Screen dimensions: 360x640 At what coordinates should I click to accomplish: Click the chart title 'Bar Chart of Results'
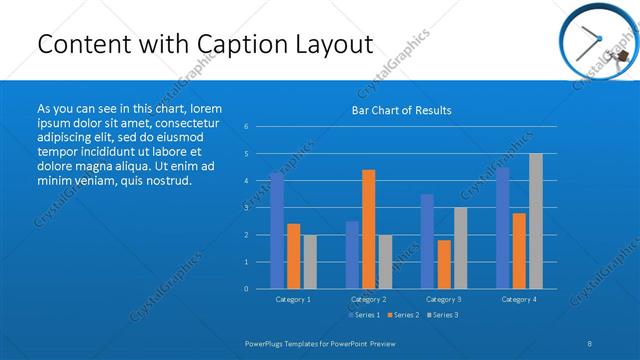401,110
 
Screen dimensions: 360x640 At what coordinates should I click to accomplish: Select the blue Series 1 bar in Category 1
277,230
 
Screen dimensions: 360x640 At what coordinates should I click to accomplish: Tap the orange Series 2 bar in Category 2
368,229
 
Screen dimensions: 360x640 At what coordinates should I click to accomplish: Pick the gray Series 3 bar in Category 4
536,221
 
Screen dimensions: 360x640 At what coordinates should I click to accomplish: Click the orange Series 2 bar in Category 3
444,264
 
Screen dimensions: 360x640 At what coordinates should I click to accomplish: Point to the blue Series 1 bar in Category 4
502,228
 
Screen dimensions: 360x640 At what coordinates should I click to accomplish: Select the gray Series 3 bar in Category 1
310,261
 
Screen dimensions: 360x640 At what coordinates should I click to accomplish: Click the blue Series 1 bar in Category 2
352,254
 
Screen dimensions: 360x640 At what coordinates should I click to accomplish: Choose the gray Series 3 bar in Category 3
460,248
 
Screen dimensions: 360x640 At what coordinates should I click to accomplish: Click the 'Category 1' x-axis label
293,299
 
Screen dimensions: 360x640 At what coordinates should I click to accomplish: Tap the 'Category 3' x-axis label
443,299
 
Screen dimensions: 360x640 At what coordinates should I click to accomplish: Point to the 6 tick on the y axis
246,127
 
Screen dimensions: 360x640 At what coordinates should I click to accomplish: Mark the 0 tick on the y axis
246,289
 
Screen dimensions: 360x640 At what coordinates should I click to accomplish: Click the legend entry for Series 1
363,315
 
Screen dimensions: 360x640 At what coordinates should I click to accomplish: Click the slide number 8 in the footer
590,343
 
